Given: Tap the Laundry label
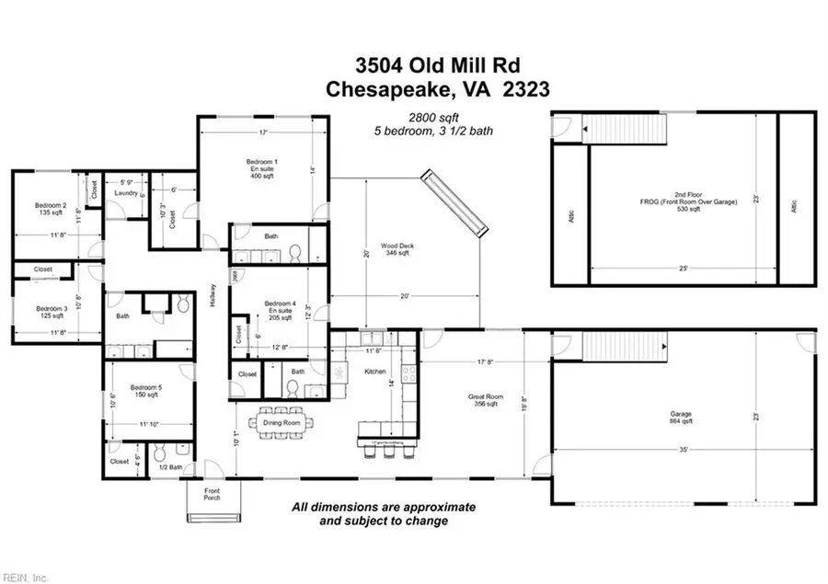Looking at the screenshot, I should [x=125, y=193].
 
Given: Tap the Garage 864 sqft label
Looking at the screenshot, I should [x=681, y=418].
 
